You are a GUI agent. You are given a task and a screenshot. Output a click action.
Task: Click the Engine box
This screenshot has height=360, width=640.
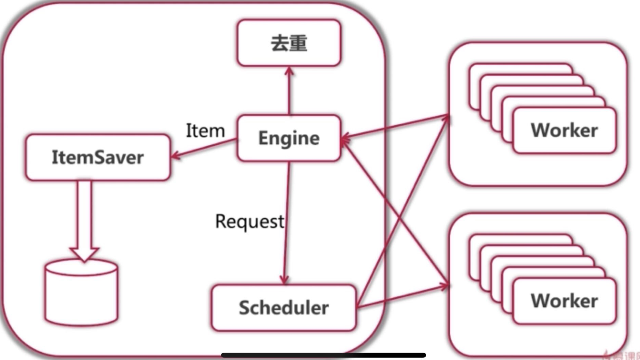(289, 138)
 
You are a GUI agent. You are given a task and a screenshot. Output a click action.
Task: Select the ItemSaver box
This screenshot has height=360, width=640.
(97, 157)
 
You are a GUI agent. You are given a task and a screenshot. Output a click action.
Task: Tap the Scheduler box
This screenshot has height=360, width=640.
(284, 308)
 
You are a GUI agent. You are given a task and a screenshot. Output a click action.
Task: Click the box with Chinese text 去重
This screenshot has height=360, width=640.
(289, 43)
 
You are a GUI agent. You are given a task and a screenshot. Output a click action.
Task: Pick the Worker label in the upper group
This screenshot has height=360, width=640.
(564, 130)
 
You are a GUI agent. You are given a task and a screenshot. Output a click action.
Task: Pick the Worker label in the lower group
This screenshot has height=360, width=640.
(564, 301)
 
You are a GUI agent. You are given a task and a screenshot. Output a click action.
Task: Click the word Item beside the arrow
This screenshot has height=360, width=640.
(205, 131)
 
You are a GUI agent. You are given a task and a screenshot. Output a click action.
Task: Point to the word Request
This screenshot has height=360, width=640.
(250, 221)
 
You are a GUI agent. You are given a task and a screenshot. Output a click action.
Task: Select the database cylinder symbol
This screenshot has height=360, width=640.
(81, 293)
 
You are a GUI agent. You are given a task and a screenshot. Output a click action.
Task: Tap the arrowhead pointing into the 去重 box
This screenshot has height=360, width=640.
(289, 71)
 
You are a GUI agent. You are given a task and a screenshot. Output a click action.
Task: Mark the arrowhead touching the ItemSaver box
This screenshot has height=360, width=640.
(175, 155)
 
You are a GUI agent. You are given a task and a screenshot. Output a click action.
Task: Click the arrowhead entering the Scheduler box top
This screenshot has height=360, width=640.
(284, 280)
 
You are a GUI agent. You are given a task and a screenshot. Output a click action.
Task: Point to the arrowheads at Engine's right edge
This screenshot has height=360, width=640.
(345, 140)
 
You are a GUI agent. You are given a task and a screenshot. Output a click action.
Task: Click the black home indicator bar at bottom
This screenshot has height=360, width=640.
(323, 355)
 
